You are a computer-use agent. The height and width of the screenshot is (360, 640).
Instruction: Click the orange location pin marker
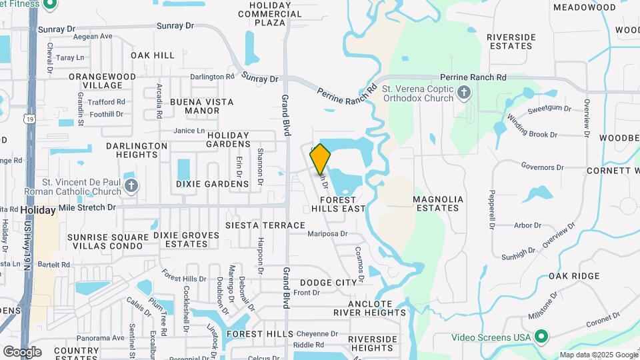(320, 159)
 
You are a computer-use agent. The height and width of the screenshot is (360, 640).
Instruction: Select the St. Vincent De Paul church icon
(131, 186)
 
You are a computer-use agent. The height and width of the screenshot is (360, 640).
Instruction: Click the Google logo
(22, 351)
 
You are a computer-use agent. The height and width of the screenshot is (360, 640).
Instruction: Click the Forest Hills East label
(339, 204)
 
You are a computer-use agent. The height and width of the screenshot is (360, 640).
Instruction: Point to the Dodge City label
(328, 283)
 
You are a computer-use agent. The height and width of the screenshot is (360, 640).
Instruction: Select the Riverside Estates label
(511, 41)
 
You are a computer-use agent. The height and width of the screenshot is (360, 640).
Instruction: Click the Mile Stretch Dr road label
(87, 207)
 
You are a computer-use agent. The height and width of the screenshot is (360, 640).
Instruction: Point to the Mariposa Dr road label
(327, 234)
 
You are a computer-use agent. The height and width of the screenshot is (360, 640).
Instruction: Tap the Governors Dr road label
(543, 167)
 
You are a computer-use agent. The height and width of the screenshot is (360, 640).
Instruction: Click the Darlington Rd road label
(212, 77)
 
